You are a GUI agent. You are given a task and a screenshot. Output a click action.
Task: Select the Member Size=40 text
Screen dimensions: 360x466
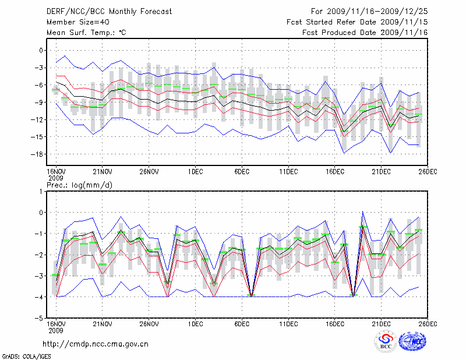click(x=73, y=22)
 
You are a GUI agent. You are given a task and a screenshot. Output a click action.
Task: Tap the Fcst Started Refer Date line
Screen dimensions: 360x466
click(x=357, y=22)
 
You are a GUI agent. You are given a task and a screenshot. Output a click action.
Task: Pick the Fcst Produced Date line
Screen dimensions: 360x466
click(x=365, y=33)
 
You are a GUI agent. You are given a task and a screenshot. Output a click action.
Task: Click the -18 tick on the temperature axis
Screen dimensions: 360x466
click(x=38, y=154)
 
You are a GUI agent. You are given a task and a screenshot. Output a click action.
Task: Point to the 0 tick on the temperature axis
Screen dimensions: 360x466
click(x=41, y=51)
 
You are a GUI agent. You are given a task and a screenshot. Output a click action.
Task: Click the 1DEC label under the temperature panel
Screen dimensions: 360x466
click(x=195, y=172)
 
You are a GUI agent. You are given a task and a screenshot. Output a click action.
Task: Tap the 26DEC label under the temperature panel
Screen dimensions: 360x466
click(x=428, y=172)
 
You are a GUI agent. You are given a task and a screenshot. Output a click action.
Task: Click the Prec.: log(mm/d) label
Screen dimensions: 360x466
click(x=80, y=185)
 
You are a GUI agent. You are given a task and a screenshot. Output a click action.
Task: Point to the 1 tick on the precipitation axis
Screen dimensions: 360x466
click(x=41, y=191)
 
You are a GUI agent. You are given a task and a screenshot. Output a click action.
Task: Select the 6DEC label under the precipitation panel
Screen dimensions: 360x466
click(x=242, y=324)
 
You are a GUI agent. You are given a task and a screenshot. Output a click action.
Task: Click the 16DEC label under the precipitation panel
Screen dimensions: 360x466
click(x=335, y=324)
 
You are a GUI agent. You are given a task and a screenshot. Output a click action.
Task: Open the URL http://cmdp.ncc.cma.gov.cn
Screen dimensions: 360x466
click(x=96, y=344)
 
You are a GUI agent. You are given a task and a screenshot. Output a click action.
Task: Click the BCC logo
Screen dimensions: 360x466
click(x=386, y=342)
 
